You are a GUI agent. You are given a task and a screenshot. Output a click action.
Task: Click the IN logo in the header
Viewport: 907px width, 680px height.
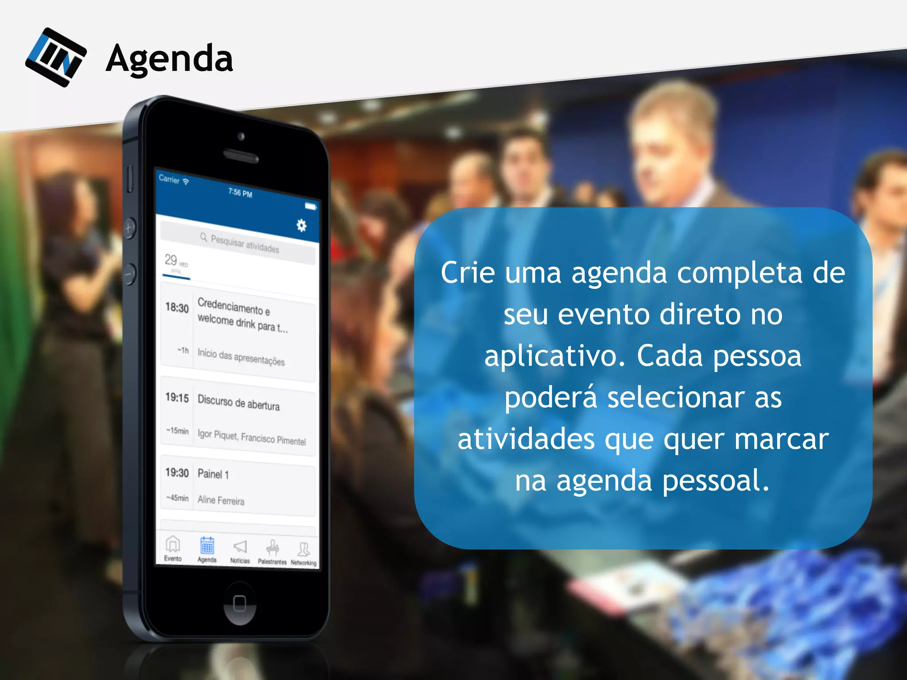tap(56, 57)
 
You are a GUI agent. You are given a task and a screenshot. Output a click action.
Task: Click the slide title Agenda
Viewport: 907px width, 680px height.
tap(170, 58)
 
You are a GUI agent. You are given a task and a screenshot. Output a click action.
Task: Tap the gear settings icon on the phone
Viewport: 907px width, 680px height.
tap(301, 225)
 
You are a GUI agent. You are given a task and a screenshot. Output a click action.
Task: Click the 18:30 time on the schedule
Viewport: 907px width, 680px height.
tap(177, 307)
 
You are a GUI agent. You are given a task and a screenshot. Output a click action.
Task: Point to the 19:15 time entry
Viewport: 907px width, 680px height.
tap(177, 398)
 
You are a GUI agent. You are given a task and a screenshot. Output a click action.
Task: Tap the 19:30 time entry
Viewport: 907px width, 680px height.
tap(177, 473)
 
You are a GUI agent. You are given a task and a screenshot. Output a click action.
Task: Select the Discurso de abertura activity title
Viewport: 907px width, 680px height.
tap(238, 402)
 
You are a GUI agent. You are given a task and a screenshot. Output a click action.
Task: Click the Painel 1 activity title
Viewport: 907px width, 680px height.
tap(213, 474)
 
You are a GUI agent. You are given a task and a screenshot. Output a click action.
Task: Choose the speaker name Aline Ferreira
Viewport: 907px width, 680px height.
tap(221, 500)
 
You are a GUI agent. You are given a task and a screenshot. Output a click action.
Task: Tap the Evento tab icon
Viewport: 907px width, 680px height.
tap(173, 544)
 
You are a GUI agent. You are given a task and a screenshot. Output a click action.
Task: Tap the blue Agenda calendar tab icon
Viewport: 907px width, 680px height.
tap(207, 545)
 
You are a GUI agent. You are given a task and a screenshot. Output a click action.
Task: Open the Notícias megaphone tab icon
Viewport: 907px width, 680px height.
tap(240, 547)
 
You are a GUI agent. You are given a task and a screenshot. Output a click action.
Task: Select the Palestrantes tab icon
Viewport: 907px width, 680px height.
tap(272, 548)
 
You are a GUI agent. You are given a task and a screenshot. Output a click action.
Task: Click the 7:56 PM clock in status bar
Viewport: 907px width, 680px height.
tap(240, 193)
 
